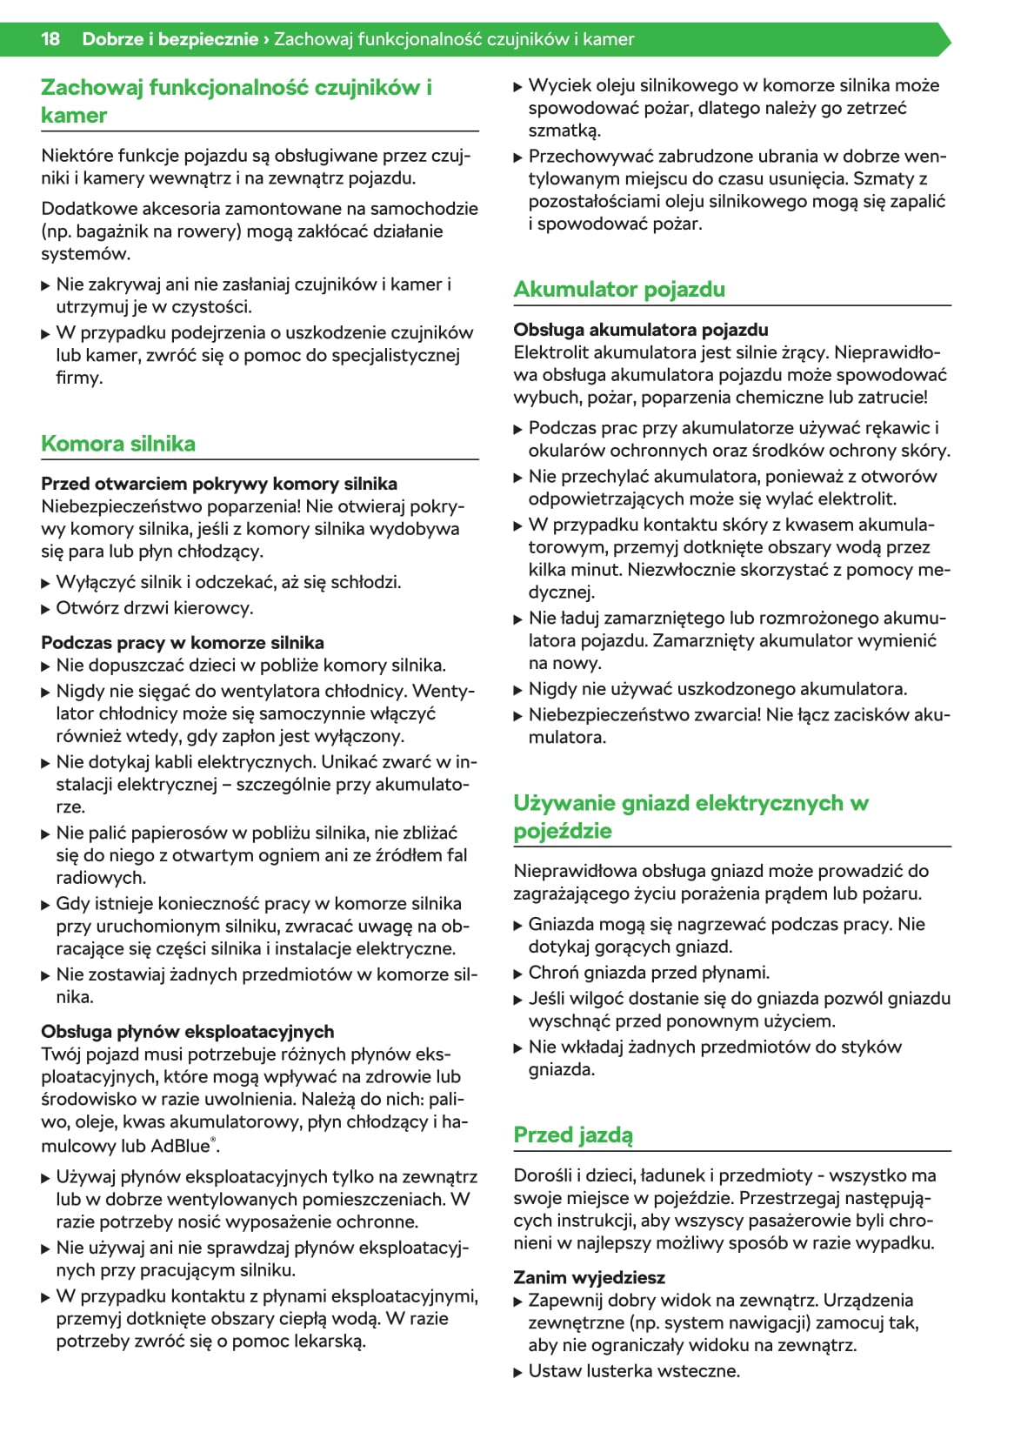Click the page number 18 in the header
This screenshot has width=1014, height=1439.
(x=50, y=39)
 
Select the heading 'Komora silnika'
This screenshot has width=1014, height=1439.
(x=118, y=444)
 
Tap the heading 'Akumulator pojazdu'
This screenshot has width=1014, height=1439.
(x=619, y=290)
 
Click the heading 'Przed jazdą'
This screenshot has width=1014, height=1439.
(x=573, y=1135)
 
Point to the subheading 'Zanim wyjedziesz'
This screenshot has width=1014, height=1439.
(x=589, y=1277)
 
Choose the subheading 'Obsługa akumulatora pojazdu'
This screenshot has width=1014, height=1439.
(x=641, y=330)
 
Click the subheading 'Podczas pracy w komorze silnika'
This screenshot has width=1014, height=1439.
(x=183, y=643)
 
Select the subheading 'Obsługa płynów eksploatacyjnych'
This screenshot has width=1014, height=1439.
(x=188, y=1032)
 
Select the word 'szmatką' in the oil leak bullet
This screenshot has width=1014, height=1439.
(x=564, y=131)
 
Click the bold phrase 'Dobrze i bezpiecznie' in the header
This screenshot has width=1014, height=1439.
(x=170, y=39)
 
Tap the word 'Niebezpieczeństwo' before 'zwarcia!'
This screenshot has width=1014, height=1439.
(x=601, y=715)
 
